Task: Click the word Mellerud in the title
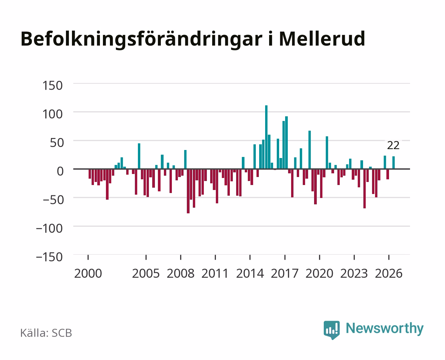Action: point(322,39)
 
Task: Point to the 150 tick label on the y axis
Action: point(52,86)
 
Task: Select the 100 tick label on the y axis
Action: point(52,114)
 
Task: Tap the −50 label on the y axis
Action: point(53,200)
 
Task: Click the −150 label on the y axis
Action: point(49,257)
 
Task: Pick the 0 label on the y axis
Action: point(60,171)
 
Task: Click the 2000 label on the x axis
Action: point(88,273)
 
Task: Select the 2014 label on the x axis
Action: point(250,273)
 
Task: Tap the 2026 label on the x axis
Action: point(389,273)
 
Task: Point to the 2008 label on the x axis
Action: point(181,273)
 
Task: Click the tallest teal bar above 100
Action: point(266,137)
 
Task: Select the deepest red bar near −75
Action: point(188,191)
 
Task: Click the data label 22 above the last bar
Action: point(393,145)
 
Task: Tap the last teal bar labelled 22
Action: point(393,162)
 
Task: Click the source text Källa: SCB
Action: point(46,333)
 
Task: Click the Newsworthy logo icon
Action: point(331,330)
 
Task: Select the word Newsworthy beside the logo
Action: point(385,329)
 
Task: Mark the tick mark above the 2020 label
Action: point(319,257)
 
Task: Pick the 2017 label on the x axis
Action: point(284,273)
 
